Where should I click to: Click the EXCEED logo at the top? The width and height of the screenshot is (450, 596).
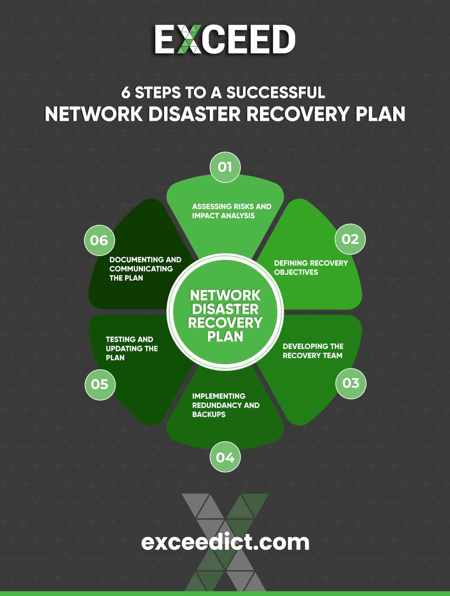click(x=225, y=40)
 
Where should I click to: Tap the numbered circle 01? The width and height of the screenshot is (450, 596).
click(x=225, y=167)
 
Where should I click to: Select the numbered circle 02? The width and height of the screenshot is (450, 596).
click(x=350, y=239)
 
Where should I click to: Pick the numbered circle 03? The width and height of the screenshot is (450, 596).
click(x=351, y=383)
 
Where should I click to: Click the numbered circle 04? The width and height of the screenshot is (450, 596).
click(x=225, y=457)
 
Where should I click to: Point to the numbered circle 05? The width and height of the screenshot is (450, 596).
click(x=100, y=384)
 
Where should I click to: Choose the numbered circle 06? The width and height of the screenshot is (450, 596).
click(x=99, y=240)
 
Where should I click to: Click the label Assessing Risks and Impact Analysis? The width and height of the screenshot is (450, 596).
click(x=231, y=211)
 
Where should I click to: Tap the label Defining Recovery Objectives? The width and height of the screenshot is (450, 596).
click(x=310, y=268)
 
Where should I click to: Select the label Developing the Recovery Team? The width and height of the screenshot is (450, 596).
click(x=313, y=351)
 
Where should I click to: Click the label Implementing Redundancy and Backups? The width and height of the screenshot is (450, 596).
click(x=226, y=405)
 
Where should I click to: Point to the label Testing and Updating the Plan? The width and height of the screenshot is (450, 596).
click(x=132, y=348)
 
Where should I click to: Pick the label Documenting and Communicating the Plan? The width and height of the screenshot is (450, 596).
click(x=145, y=269)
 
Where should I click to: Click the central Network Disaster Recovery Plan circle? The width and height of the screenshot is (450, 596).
click(x=225, y=312)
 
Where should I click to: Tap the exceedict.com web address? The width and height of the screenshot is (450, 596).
click(x=225, y=542)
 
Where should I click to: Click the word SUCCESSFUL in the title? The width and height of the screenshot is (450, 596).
click(x=276, y=93)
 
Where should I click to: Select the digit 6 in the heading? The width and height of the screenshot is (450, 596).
click(x=125, y=93)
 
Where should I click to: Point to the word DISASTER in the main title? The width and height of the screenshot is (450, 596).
click(x=194, y=114)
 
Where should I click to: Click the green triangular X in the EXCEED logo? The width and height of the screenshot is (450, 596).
click(x=189, y=40)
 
